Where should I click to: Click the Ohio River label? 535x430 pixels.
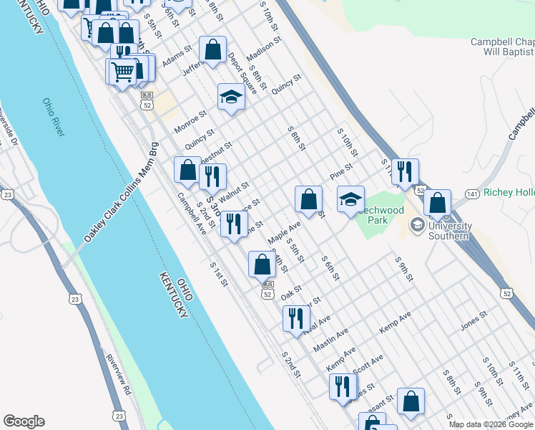pyautogui.click(x=54, y=117)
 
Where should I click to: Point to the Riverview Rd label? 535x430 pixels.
pyautogui.click(x=119, y=374)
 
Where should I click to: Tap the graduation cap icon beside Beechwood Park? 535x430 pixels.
pyautogui.click(x=351, y=199)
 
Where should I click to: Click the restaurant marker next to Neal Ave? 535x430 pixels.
pyautogui.click(x=296, y=318)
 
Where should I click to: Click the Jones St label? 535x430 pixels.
pyautogui.click(x=473, y=320)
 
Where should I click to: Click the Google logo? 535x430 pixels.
pyautogui.click(x=24, y=421)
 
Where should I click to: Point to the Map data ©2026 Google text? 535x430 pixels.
pyautogui.click(x=491, y=424)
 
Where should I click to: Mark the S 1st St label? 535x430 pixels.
pyautogui.click(x=219, y=274)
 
